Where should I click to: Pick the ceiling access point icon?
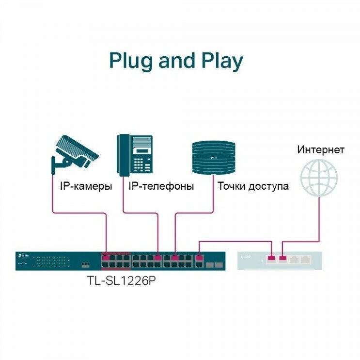tap(214, 156)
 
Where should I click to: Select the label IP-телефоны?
tap(161, 186)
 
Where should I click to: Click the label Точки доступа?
tap(253, 186)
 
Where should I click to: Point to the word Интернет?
tap(321, 149)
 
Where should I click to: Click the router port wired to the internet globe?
tap(283, 259)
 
